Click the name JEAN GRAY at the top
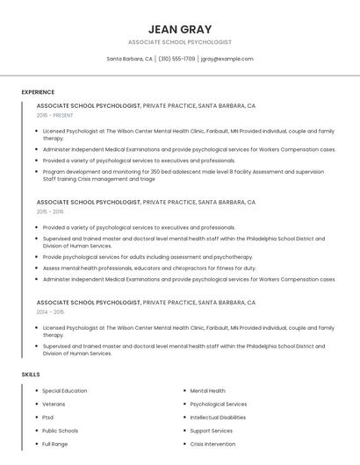click(180, 29)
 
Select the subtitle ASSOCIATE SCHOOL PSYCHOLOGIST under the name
click(180, 42)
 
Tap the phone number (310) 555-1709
click(176, 59)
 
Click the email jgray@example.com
click(227, 59)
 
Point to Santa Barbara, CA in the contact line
click(130, 59)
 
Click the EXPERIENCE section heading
click(38, 92)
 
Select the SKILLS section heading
click(31, 375)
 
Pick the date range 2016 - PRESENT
click(54, 115)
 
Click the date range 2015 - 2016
click(50, 211)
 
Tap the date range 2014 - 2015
click(50, 311)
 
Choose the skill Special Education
click(65, 390)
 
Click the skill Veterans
click(53, 404)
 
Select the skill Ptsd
click(48, 418)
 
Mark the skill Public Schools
click(61, 431)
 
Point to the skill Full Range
click(55, 444)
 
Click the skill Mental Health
click(208, 390)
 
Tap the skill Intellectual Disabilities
click(218, 418)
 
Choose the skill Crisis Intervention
click(212, 444)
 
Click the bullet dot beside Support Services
click(183, 431)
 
